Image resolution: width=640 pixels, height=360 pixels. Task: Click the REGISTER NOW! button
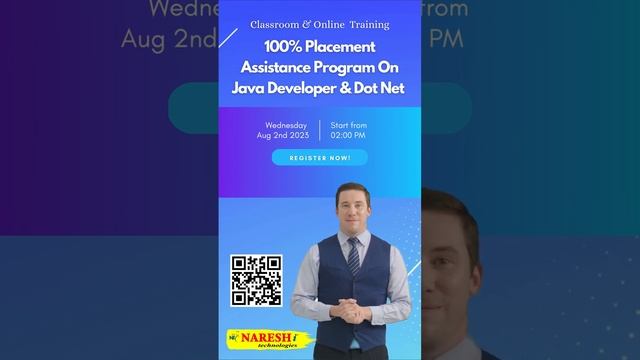[x=319, y=158]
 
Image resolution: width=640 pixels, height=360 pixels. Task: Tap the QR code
[x=256, y=280]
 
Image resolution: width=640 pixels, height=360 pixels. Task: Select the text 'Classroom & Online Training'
[x=320, y=24]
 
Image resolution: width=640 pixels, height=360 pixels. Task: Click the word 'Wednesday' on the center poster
[x=286, y=125]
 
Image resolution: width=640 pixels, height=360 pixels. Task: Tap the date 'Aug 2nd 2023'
[x=283, y=135]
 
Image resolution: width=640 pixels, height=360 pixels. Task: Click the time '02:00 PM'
[x=348, y=135]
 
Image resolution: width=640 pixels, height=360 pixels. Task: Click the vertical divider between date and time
[x=320, y=130]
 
